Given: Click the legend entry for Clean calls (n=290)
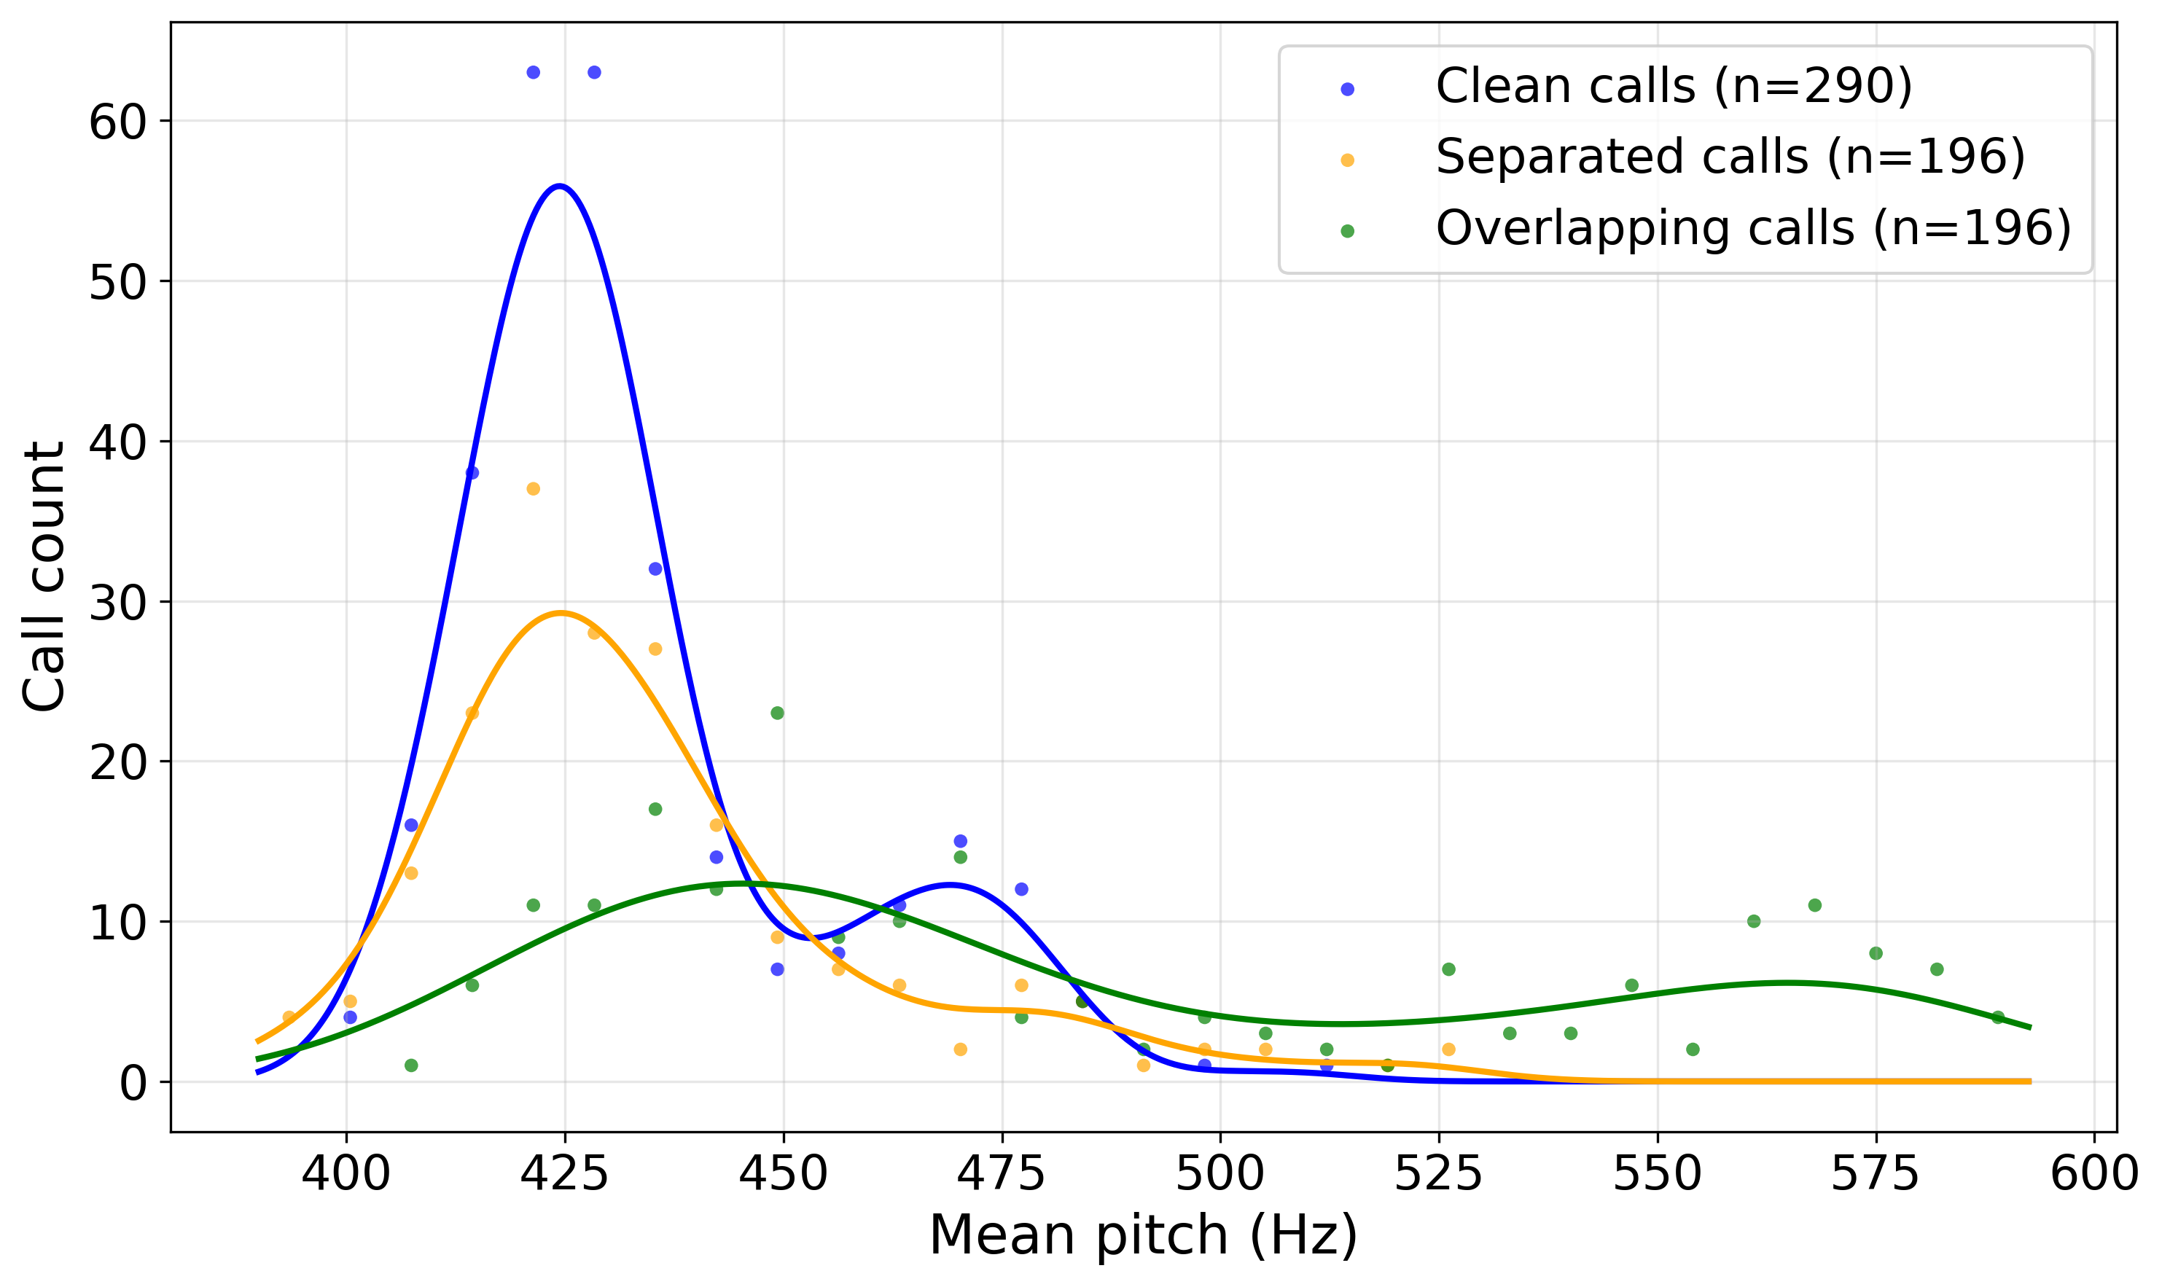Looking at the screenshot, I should [1673, 87].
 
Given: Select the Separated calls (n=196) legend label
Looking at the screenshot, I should [1730, 158].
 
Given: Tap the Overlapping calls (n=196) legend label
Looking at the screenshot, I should [1752, 229].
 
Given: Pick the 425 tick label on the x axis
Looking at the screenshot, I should [565, 1175].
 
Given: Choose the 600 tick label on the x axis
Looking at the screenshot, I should [2093, 1175].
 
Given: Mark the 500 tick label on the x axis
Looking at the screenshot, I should [1220, 1175].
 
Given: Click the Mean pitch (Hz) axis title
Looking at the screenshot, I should [1143, 1235].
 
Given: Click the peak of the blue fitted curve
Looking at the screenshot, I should [561, 187].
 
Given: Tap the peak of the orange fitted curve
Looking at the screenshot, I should [561, 613].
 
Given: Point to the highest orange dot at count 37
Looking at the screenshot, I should [534, 489].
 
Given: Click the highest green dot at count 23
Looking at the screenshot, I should [777, 713].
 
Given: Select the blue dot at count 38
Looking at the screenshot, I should [472, 473].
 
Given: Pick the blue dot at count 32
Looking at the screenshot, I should [655, 569].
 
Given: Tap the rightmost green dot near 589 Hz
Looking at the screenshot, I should [1998, 1017].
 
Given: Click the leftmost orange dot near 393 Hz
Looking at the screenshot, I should [289, 1017].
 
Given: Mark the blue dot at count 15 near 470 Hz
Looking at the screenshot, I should [960, 841].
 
